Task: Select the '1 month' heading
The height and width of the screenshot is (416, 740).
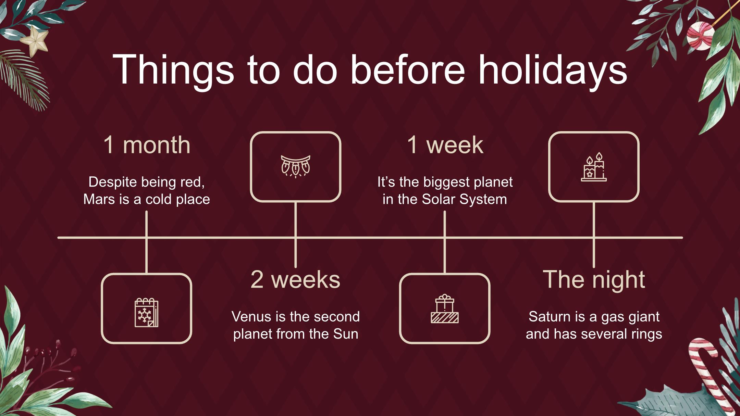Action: (147, 145)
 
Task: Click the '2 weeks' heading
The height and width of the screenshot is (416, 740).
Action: (295, 279)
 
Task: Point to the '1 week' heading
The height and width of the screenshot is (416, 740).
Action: (445, 145)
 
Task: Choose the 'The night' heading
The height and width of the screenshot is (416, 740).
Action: (594, 279)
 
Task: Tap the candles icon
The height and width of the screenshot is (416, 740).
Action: (594, 167)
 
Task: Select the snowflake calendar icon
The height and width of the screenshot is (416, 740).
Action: (146, 312)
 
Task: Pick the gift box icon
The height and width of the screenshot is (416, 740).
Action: (445, 308)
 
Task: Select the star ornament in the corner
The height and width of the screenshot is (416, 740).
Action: (34, 41)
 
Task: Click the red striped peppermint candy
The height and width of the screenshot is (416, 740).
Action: (701, 36)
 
